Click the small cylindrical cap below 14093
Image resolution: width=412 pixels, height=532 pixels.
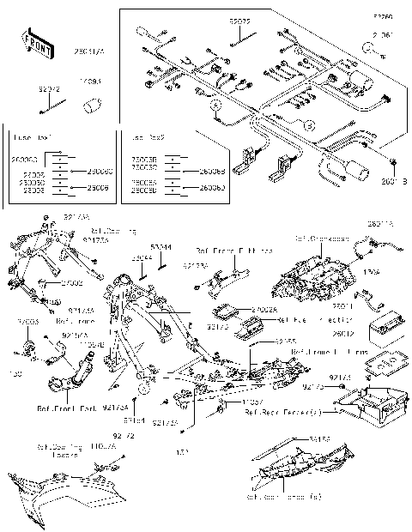tap(93, 106)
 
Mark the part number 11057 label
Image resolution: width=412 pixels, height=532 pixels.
tap(250, 401)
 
